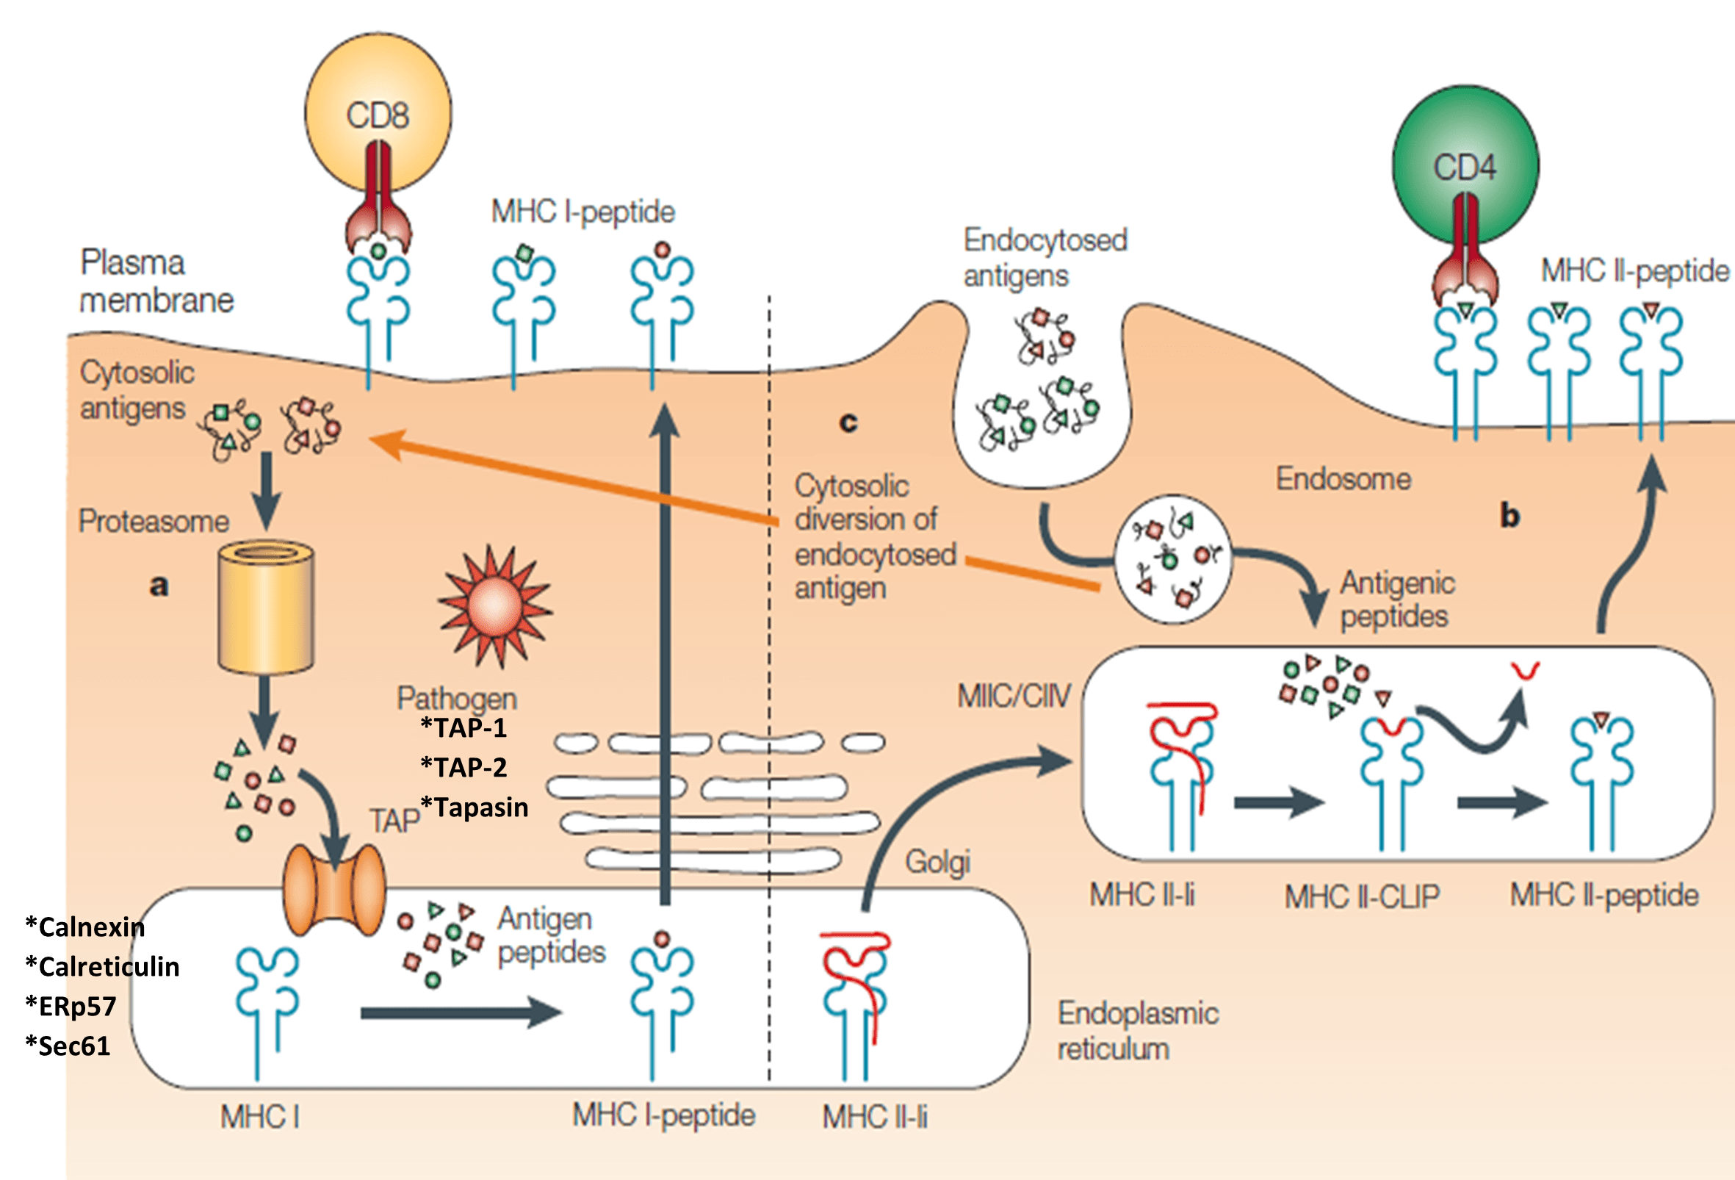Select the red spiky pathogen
pos(494,605)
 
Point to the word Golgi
pos(938,862)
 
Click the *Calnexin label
pos(85,927)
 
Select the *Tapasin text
pos(475,807)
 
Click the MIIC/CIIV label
pos(1014,696)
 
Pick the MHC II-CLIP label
pos(1362,896)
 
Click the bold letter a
pos(158,586)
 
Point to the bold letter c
pos(848,422)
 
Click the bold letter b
pos(1509,516)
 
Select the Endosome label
pos(1343,479)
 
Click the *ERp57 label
pos(71,1007)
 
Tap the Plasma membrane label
pos(156,281)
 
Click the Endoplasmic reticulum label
pos(1138,1032)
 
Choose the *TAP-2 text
pos(464,767)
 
